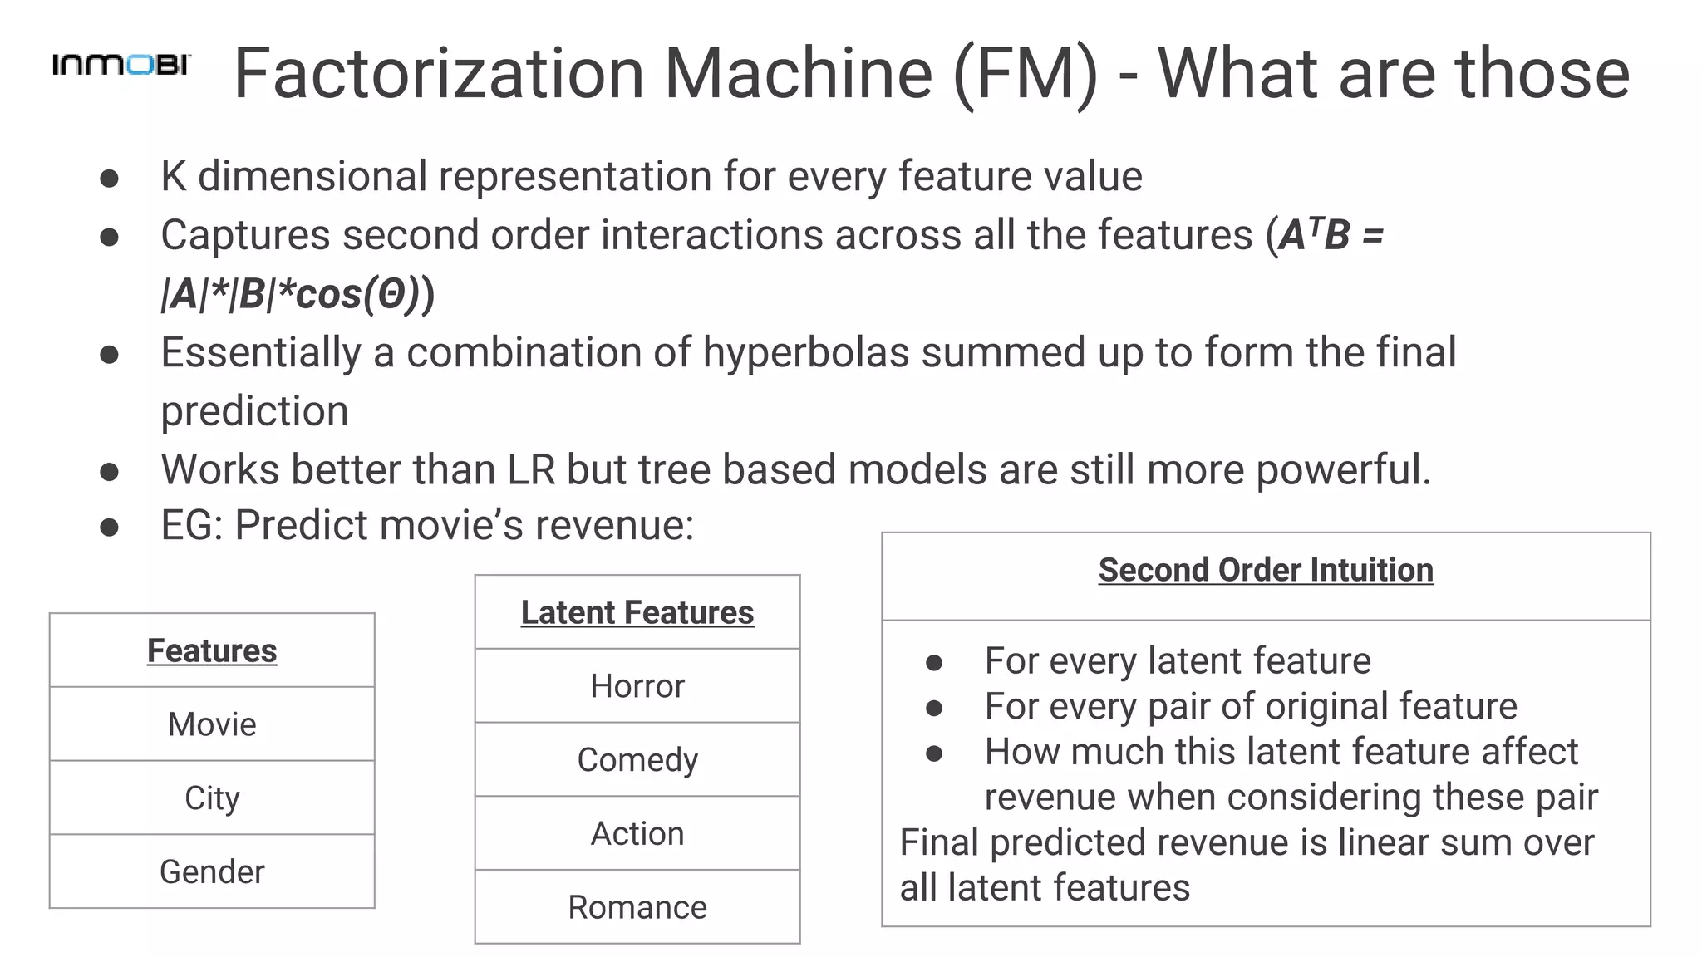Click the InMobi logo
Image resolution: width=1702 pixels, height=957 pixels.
(121, 65)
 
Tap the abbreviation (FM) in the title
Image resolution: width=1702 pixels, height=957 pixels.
(1025, 75)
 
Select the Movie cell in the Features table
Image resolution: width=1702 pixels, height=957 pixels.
(212, 724)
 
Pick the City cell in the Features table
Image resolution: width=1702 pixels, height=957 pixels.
(212, 798)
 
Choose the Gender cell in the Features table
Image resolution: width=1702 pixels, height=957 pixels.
(212, 871)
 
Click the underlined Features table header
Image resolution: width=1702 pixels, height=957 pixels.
(212, 650)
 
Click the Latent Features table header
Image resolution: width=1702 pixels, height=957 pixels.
(637, 612)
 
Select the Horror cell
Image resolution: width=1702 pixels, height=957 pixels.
(637, 686)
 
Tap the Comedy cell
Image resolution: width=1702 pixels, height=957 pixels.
(637, 760)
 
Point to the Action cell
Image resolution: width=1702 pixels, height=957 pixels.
(637, 833)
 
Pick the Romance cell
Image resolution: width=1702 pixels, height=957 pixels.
(637, 907)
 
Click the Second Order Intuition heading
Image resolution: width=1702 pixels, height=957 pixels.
(1266, 570)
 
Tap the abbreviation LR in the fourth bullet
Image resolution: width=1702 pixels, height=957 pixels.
(531, 469)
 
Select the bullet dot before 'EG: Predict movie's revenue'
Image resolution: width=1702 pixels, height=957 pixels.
(109, 527)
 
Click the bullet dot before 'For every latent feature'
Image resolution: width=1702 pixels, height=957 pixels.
(934, 662)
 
